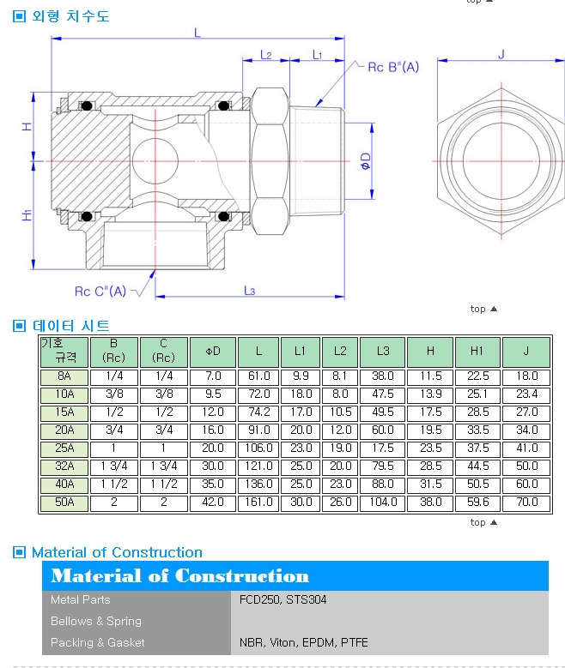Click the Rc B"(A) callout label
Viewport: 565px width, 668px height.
[x=393, y=67]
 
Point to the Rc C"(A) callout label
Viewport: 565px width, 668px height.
[x=100, y=292]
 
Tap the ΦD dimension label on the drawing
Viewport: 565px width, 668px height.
[x=366, y=161]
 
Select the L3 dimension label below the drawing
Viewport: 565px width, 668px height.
[x=250, y=291]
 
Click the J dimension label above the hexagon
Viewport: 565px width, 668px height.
[x=501, y=54]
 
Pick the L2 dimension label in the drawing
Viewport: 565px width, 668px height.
[x=266, y=55]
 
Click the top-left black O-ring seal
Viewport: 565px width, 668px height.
[x=87, y=105]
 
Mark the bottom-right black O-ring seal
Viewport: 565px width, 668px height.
[x=223, y=216]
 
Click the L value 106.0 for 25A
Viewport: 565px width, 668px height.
[x=258, y=448]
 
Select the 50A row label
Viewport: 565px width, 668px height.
[x=64, y=503]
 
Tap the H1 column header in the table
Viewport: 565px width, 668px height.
[x=477, y=351]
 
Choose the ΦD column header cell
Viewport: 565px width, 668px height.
[x=213, y=352]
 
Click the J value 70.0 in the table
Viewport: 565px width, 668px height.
[x=527, y=503]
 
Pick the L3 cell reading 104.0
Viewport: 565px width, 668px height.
[x=383, y=503]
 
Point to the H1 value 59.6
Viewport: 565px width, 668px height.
[x=478, y=503]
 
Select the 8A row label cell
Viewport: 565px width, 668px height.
[x=64, y=376]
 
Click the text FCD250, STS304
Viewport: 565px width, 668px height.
[x=282, y=600]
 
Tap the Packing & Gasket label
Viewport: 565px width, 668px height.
[x=98, y=642]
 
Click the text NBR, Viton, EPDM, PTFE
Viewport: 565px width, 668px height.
[x=303, y=642]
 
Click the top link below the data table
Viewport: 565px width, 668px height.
[x=483, y=522]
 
